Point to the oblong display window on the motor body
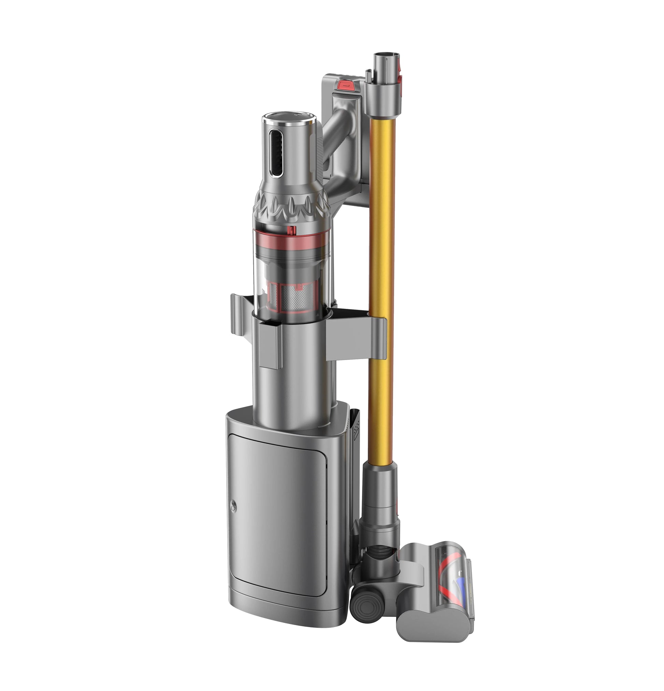[x=275, y=152]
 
